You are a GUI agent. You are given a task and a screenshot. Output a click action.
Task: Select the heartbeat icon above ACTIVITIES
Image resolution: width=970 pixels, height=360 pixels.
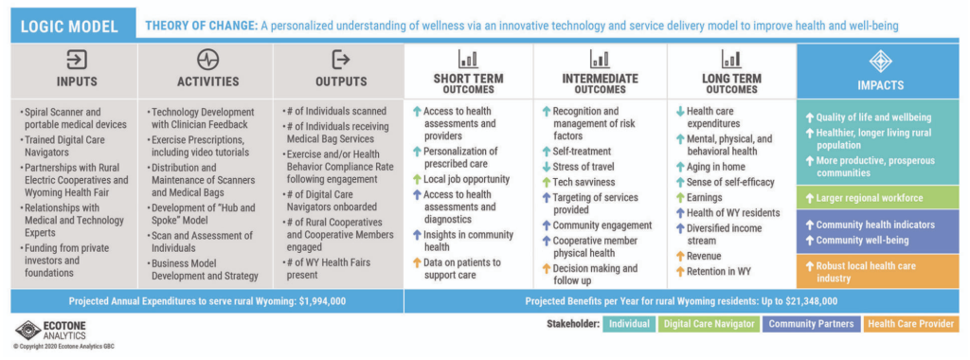click(x=207, y=60)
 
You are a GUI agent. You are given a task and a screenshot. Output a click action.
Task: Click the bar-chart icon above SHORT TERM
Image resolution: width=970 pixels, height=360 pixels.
click(x=468, y=60)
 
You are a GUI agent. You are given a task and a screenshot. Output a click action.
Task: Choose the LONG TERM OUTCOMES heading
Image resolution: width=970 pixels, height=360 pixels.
click(x=731, y=83)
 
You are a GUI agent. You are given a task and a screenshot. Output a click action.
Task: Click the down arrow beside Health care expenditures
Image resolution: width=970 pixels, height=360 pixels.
click(x=680, y=112)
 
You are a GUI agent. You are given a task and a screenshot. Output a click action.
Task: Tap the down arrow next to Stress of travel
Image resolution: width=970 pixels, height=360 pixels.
click(x=546, y=167)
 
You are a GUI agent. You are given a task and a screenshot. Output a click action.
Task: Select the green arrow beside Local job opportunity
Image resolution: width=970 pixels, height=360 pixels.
click(x=417, y=179)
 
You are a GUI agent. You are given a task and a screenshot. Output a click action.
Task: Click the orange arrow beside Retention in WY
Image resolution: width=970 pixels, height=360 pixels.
click(x=680, y=272)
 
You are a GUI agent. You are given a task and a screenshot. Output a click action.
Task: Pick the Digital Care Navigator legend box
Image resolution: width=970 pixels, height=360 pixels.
click(x=708, y=323)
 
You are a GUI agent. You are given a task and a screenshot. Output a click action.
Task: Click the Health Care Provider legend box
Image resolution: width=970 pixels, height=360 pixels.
click(x=909, y=323)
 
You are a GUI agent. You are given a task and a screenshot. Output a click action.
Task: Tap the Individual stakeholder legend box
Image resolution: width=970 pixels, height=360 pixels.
click(x=629, y=323)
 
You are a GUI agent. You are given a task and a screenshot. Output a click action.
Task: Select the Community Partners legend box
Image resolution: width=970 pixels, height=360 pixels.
click(x=811, y=323)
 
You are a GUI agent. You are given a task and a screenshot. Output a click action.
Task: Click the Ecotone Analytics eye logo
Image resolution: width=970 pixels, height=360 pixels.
click(x=27, y=331)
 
